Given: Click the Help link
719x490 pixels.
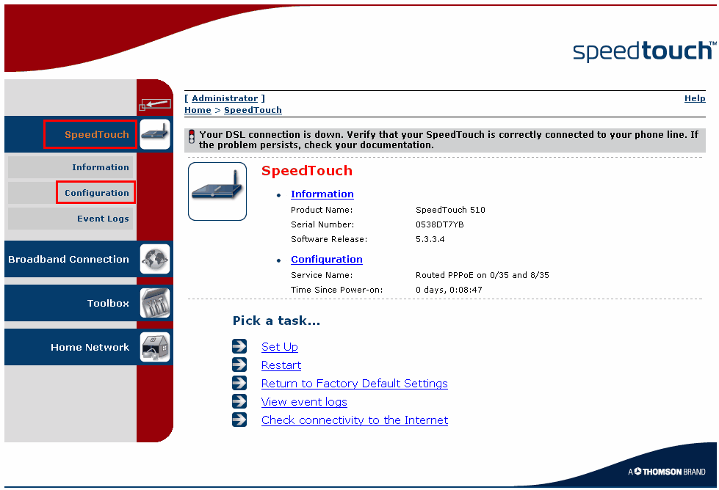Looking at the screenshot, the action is pyautogui.click(x=695, y=98).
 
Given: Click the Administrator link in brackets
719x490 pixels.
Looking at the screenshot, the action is pyautogui.click(x=225, y=98).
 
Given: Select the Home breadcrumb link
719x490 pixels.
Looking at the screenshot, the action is pyautogui.click(x=198, y=110).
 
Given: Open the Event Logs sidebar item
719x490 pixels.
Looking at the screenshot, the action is pyautogui.click(x=103, y=219).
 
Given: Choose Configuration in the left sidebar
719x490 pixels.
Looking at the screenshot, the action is pyautogui.click(x=96, y=193).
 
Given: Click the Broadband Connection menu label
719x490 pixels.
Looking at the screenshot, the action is pyautogui.click(x=69, y=259).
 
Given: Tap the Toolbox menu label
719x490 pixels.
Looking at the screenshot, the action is pyautogui.click(x=108, y=303).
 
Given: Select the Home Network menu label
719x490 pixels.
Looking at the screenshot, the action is pyautogui.click(x=90, y=347).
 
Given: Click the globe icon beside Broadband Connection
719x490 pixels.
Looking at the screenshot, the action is pyautogui.click(x=155, y=259).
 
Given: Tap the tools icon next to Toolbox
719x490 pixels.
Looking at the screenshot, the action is pyautogui.click(x=155, y=303).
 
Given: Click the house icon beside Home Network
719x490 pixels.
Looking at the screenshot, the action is pyautogui.click(x=155, y=347).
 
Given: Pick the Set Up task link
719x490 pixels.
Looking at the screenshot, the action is pyautogui.click(x=280, y=347).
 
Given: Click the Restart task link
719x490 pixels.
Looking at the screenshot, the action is pyautogui.click(x=281, y=365).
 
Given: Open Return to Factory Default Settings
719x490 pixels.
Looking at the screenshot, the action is pyautogui.click(x=355, y=384).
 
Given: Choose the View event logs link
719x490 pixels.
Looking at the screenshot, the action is pyautogui.click(x=304, y=402).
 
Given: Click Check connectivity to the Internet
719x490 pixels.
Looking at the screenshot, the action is pyautogui.click(x=355, y=420).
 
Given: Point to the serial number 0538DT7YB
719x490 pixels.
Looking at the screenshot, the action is pyautogui.click(x=440, y=224).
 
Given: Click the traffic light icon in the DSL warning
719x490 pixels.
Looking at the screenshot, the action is pyautogui.click(x=192, y=136).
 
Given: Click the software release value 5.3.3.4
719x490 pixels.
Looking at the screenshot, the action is pyautogui.click(x=430, y=239).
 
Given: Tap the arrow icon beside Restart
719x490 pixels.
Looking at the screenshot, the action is pyautogui.click(x=239, y=365).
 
